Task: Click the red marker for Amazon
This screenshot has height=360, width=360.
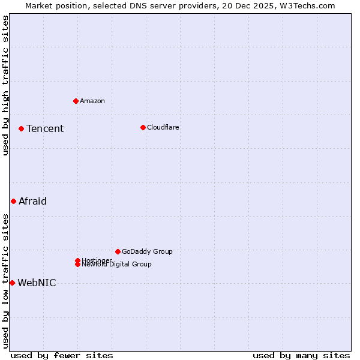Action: [76, 101]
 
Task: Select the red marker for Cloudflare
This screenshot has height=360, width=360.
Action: [143, 127]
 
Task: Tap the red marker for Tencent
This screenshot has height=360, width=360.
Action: [21, 128]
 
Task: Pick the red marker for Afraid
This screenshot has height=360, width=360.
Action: [13, 201]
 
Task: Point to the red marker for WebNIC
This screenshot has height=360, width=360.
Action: [12, 283]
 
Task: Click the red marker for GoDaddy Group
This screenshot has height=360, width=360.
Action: [118, 251]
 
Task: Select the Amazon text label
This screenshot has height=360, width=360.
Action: [92, 101]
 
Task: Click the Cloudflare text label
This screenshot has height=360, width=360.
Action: [163, 127]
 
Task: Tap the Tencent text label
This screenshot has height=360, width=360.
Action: [45, 128]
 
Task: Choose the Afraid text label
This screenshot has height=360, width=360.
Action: [32, 201]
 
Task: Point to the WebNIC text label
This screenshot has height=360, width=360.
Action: [37, 283]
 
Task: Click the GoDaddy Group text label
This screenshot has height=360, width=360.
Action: [147, 251]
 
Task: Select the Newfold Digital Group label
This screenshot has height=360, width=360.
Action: [117, 264]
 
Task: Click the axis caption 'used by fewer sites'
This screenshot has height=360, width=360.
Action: [62, 355]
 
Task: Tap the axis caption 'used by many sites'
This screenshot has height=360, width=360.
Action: [301, 355]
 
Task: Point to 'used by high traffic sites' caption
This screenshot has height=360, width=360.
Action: [5, 85]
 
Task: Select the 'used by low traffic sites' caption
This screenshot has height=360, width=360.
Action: [5, 281]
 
